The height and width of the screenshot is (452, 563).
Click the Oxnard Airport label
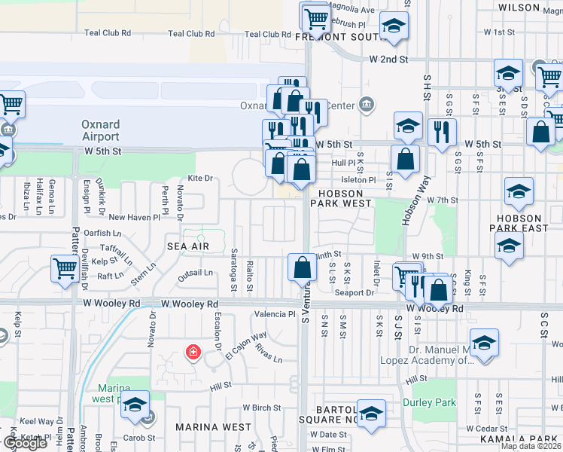[101, 131]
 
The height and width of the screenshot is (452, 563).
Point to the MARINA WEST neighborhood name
[214, 426]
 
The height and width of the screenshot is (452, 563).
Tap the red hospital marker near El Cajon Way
[193, 352]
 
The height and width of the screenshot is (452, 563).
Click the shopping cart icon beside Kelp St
[65, 267]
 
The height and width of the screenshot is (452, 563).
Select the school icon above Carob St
[135, 405]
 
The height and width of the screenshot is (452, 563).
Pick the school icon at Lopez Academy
[485, 342]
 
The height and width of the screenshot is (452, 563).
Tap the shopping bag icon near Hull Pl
[406, 159]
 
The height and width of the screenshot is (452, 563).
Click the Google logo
[24, 443]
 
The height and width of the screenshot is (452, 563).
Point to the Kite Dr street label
[200, 178]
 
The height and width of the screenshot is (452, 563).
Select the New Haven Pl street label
[134, 217]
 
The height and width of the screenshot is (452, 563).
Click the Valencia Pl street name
[275, 314]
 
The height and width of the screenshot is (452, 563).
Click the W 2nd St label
[388, 59]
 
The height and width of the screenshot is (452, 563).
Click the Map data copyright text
[531, 446]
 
